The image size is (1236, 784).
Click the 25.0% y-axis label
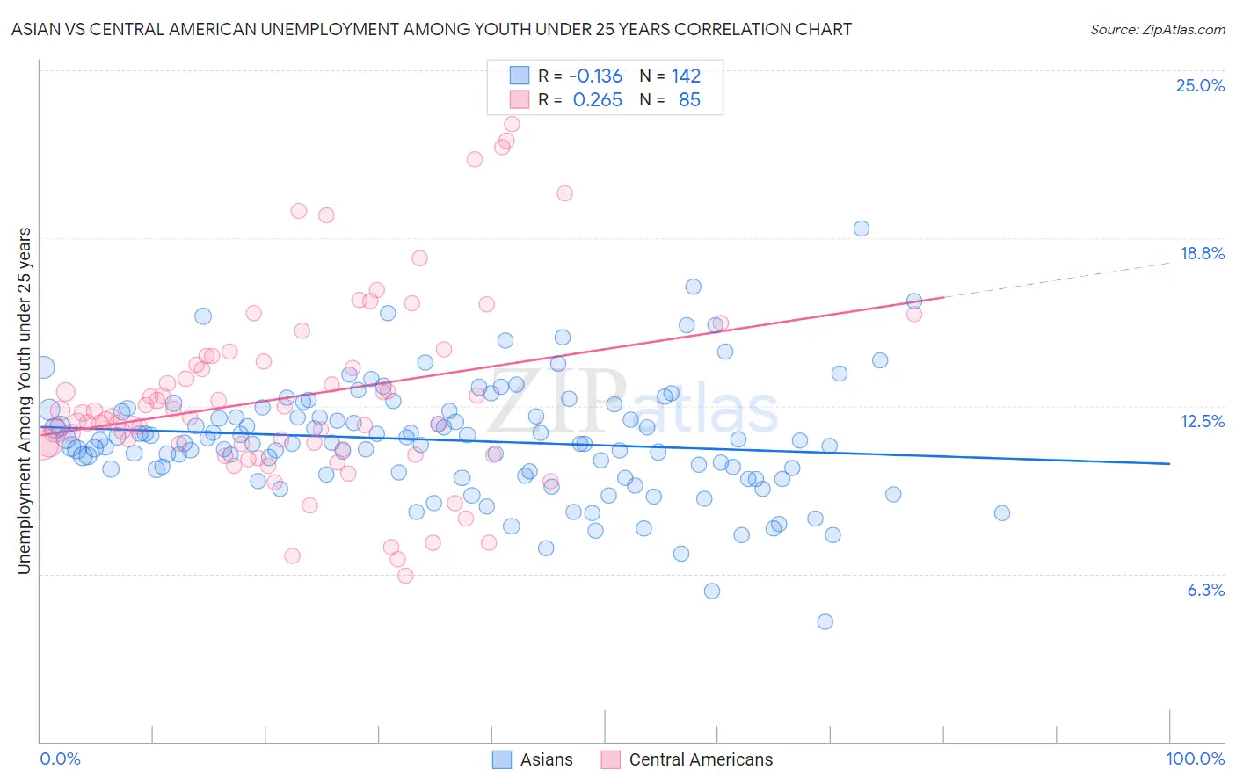pyautogui.click(x=1200, y=85)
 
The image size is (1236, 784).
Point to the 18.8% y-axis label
pyautogui.click(x=1202, y=253)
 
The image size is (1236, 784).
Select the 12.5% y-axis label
pyautogui.click(x=1202, y=421)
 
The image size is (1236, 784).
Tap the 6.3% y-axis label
pyautogui.click(x=1205, y=590)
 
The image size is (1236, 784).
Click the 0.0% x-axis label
pyautogui.click(x=60, y=759)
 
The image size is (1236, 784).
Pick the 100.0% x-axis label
pyautogui.click(x=1195, y=759)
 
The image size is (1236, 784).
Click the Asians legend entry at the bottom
pyautogui.click(x=546, y=759)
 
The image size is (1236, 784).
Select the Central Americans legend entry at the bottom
pyautogui.click(x=701, y=759)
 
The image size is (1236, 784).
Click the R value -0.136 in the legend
pyautogui.click(x=595, y=76)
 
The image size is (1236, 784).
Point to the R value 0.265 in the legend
pyautogui.click(x=597, y=100)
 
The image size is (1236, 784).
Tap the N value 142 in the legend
pyautogui.click(x=686, y=76)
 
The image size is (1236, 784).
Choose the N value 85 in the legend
pyautogui.click(x=689, y=100)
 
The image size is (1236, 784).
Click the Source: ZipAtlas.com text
pyautogui.click(x=1157, y=29)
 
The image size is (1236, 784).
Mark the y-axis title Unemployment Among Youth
pyautogui.click(x=24, y=401)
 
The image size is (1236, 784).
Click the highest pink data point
pyautogui.click(x=512, y=124)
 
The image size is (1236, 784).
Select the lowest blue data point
pyautogui.click(x=825, y=621)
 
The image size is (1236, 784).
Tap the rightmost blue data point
pyautogui.click(x=1001, y=513)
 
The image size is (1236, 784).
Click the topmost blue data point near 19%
pyautogui.click(x=862, y=229)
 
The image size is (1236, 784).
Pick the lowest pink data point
pyautogui.click(x=405, y=576)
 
